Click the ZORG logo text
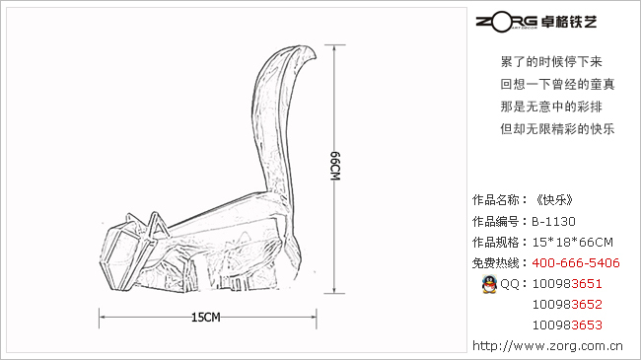[507, 22]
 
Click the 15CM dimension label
[206, 318]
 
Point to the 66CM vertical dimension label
[335, 166]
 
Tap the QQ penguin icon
[489, 284]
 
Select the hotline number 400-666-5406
[576, 262]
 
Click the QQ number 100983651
[567, 283]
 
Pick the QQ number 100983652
[567, 305]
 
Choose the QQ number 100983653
[567, 325]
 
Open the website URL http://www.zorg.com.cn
[547, 346]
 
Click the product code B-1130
[553, 221]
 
